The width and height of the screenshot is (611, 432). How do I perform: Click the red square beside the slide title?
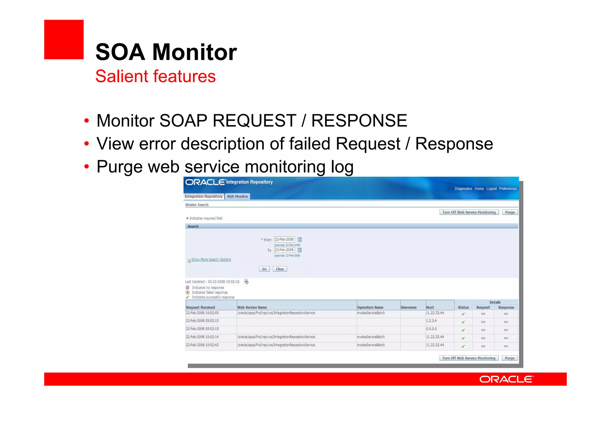pyautogui.click(x=64, y=39)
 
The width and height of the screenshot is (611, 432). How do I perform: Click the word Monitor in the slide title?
pyautogui.click(x=195, y=52)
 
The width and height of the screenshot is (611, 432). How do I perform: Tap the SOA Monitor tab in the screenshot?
pyautogui.click(x=237, y=196)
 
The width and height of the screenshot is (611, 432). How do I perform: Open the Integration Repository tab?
pyautogui.click(x=203, y=196)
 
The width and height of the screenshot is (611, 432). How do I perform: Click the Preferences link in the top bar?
pyautogui.click(x=508, y=189)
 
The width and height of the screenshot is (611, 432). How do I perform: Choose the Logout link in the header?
pyautogui.click(x=491, y=189)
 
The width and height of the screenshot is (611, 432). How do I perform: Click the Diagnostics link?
pyautogui.click(x=463, y=189)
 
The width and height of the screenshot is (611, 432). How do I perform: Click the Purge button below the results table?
pyautogui.click(x=510, y=358)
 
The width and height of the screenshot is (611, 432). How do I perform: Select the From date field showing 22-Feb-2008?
pyautogui.click(x=284, y=239)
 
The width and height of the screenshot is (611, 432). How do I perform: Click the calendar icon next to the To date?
pyautogui.click(x=300, y=250)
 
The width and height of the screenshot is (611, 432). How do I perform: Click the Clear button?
pyautogui.click(x=280, y=269)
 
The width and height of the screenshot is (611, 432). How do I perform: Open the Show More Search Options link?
pyautogui.click(x=211, y=260)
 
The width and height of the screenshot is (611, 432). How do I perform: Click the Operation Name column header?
pyautogui.click(x=370, y=307)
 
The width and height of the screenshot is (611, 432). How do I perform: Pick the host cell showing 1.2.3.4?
pyautogui.click(x=431, y=321)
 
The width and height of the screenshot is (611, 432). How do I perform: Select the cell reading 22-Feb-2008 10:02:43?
pyautogui.click(x=202, y=345)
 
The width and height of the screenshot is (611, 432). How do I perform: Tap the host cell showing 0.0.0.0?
pyautogui.click(x=431, y=329)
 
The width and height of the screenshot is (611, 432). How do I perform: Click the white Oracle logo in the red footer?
pyautogui.click(x=506, y=379)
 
